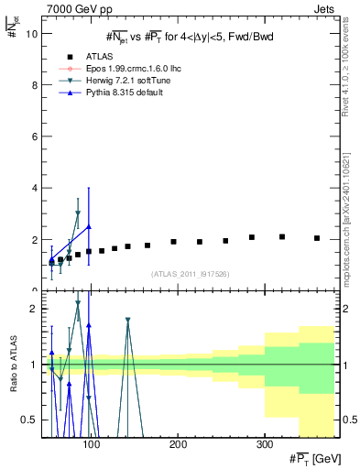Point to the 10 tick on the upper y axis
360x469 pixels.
(31, 33)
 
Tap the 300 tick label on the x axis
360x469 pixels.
(264, 444)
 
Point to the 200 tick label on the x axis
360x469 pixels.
(178, 444)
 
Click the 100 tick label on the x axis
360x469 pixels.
(92, 444)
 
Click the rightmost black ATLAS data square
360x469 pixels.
(317, 238)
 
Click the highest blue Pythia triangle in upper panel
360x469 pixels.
(88, 226)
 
